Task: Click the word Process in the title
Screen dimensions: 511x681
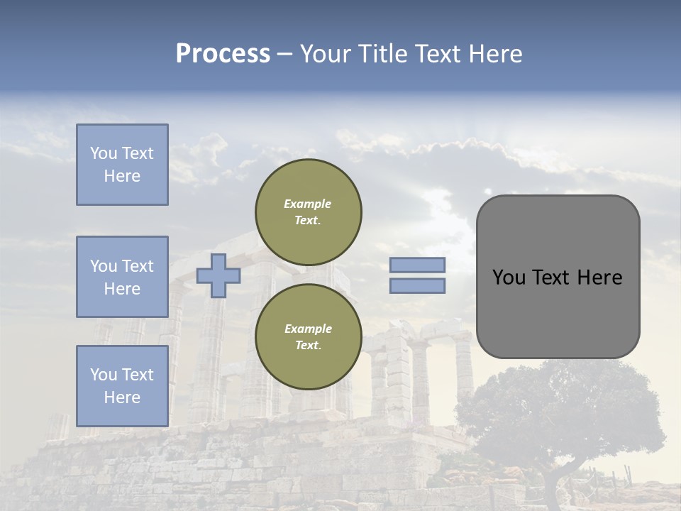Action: pos(223,54)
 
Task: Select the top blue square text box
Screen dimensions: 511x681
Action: pos(122,165)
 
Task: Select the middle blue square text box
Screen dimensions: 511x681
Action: pos(122,277)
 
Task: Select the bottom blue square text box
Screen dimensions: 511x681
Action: pos(122,386)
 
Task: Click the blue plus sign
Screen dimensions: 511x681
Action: pos(218,275)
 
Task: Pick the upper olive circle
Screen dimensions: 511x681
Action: pos(308,211)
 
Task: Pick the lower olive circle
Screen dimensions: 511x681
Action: pos(308,336)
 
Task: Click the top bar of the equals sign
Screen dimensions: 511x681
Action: pos(417,265)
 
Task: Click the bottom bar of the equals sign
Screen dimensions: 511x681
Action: pos(417,286)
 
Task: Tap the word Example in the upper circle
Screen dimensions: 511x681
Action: pos(308,204)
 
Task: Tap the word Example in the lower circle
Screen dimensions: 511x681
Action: pos(308,329)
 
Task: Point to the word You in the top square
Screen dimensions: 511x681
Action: pos(104,153)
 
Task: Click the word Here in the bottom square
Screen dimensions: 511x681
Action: pos(122,397)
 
